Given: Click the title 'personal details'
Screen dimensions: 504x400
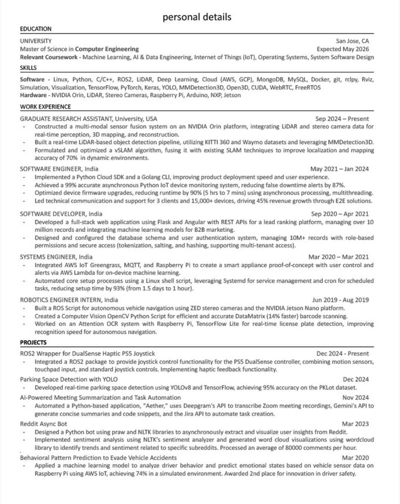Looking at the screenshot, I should point(197,17).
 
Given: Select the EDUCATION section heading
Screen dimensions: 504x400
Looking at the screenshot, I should point(36,29).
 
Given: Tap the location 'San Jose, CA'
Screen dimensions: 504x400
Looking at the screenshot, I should point(352,41).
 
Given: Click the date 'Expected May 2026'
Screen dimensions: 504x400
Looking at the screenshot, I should point(343,49).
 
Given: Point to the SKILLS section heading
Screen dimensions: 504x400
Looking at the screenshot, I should point(28,68).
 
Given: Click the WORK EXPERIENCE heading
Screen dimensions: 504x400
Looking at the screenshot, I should point(45,107).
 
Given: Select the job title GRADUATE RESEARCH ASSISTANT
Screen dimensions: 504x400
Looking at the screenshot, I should point(66,119).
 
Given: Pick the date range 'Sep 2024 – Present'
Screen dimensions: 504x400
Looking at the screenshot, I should point(342,119).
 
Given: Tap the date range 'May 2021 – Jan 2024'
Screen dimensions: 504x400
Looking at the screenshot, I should point(339,169).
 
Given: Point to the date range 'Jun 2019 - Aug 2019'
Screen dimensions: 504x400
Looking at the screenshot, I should point(340,300).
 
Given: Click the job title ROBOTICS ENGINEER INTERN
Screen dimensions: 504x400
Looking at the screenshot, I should point(61,300).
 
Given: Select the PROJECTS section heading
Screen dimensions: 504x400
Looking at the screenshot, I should point(33,342).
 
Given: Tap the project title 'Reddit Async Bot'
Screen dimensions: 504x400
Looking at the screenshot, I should point(43,424).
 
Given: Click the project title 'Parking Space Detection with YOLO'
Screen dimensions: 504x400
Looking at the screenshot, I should point(69,379).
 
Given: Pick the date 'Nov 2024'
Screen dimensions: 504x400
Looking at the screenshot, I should point(356,398).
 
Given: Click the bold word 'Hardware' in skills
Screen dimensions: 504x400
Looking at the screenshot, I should point(33,95).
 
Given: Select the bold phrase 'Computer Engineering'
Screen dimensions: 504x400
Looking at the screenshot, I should point(107,49).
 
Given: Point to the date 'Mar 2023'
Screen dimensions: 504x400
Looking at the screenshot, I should point(355,424).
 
